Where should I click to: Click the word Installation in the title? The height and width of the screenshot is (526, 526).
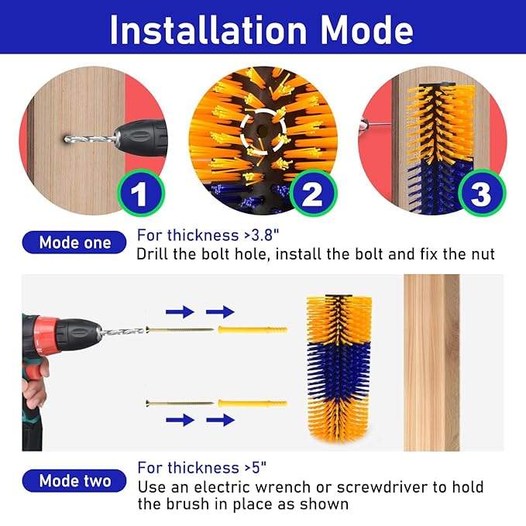coord(208,30)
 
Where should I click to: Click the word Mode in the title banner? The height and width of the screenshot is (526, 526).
coord(367,30)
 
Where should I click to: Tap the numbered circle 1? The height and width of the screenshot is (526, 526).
coord(141,193)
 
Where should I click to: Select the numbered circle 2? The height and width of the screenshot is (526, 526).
coord(313,193)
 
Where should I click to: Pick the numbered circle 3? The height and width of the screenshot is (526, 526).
coord(482,193)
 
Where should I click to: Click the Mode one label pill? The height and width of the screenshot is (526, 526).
coord(74,242)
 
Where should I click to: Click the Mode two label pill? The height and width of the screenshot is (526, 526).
coord(74,481)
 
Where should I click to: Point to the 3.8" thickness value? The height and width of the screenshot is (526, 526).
coord(265,235)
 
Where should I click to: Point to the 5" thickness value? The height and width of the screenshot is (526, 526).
coord(258,468)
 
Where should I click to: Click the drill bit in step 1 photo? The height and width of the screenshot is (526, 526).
coord(91,139)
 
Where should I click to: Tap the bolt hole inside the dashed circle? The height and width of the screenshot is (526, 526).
coord(263,130)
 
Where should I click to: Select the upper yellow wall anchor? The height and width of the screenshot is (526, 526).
coord(253,330)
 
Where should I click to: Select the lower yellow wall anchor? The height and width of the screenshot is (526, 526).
coord(253,404)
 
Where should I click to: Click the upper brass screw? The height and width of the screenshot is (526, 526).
coord(180,330)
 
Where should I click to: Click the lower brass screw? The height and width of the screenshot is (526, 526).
coord(180,403)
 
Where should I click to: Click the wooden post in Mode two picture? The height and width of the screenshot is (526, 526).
coord(431,363)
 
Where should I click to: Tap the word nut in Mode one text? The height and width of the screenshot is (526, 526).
coord(483,254)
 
